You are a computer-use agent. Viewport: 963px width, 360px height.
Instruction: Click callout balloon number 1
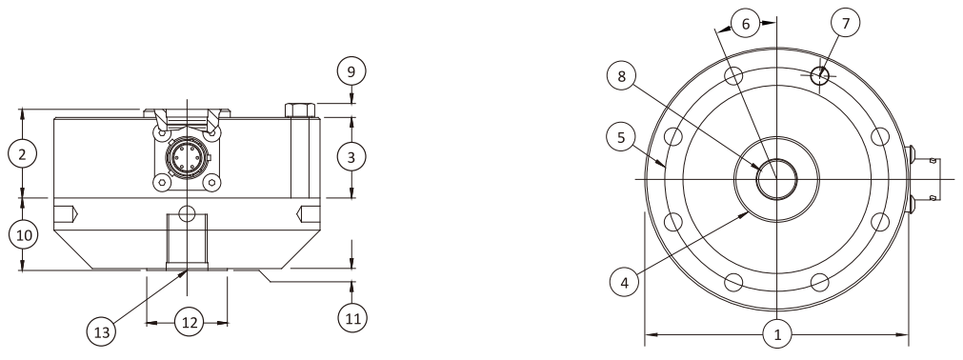[x=777, y=334]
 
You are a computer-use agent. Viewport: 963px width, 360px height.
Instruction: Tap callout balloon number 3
[x=352, y=157]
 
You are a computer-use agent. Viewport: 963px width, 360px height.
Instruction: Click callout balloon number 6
[x=747, y=23]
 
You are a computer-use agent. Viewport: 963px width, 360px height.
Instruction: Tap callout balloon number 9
[x=352, y=70]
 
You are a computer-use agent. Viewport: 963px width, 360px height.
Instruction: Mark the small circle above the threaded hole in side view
[x=188, y=210]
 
